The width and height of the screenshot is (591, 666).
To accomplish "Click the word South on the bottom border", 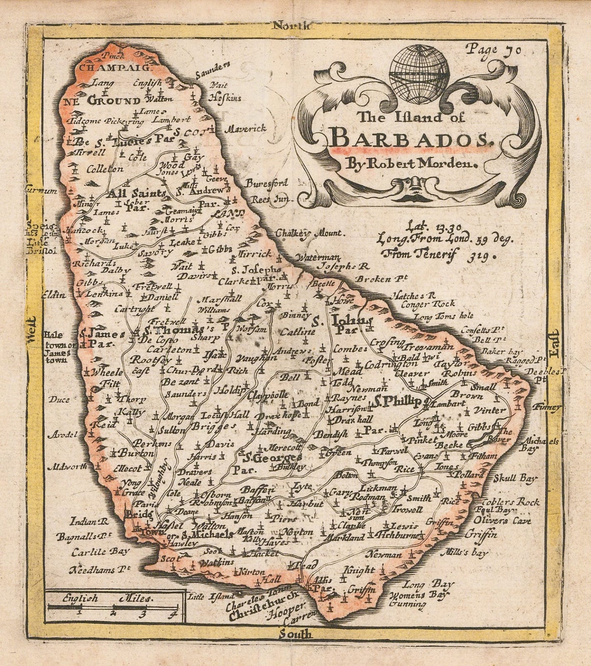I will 295,646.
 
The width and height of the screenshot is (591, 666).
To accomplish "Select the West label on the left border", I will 32,330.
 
